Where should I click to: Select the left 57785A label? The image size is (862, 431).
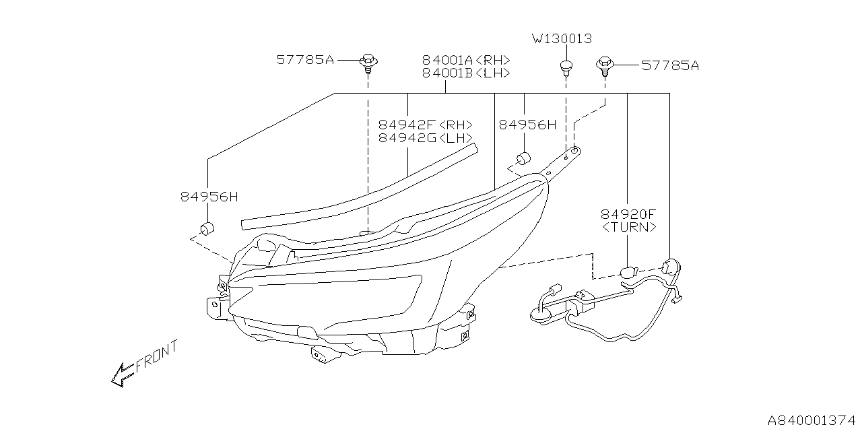click(x=305, y=60)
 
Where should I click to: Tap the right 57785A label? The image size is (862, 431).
click(x=670, y=65)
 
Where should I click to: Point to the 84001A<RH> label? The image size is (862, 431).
click(x=466, y=60)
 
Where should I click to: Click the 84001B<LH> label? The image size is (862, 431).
click(x=466, y=73)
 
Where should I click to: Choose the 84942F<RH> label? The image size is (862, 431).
click(x=425, y=125)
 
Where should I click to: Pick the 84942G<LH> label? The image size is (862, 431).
click(x=425, y=138)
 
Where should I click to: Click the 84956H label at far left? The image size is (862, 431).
click(x=209, y=197)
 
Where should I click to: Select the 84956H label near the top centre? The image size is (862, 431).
click(x=528, y=125)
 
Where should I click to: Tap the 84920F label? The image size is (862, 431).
click(x=628, y=214)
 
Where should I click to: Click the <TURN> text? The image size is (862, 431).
click(x=628, y=228)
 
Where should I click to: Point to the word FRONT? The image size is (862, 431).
click(x=157, y=356)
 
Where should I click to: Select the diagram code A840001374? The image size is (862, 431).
click(x=810, y=419)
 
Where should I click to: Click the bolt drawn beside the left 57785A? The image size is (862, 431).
click(x=368, y=62)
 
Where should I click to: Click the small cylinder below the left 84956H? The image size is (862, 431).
click(x=207, y=228)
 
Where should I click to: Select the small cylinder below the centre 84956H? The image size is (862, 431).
click(x=524, y=160)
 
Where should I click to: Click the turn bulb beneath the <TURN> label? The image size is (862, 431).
click(x=627, y=272)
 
